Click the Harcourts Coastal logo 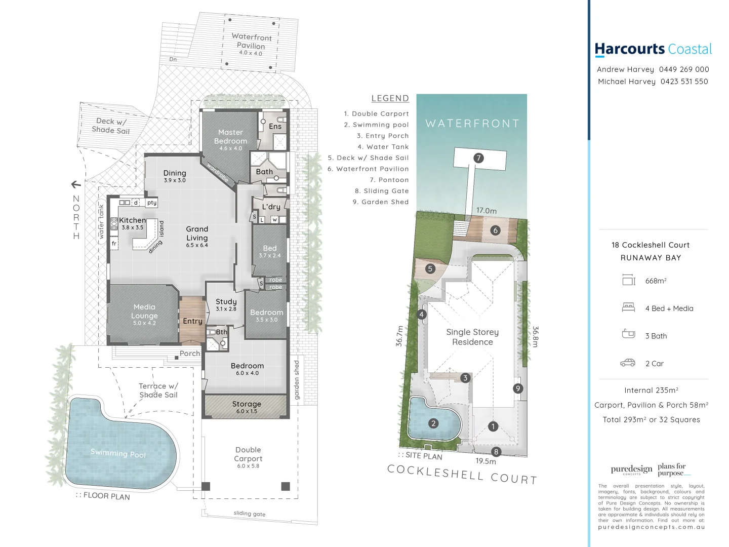point(653,49)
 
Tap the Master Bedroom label point(230,137)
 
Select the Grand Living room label point(197,233)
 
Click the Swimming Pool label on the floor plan point(118,453)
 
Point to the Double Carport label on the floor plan point(248,454)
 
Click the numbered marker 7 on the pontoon point(478,158)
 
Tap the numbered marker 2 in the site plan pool point(433,423)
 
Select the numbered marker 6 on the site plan point(496,230)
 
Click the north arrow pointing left point(76,184)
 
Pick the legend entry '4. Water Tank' point(383,147)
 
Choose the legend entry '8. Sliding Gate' point(381,191)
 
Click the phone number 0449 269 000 point(683,69)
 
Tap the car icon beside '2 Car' point(628,363)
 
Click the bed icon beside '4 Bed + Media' point(628,307)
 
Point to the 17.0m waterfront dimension point(486,211)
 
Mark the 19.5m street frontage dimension point(485,461)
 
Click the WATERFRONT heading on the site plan point(472,124)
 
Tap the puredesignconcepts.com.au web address point(651,527)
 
